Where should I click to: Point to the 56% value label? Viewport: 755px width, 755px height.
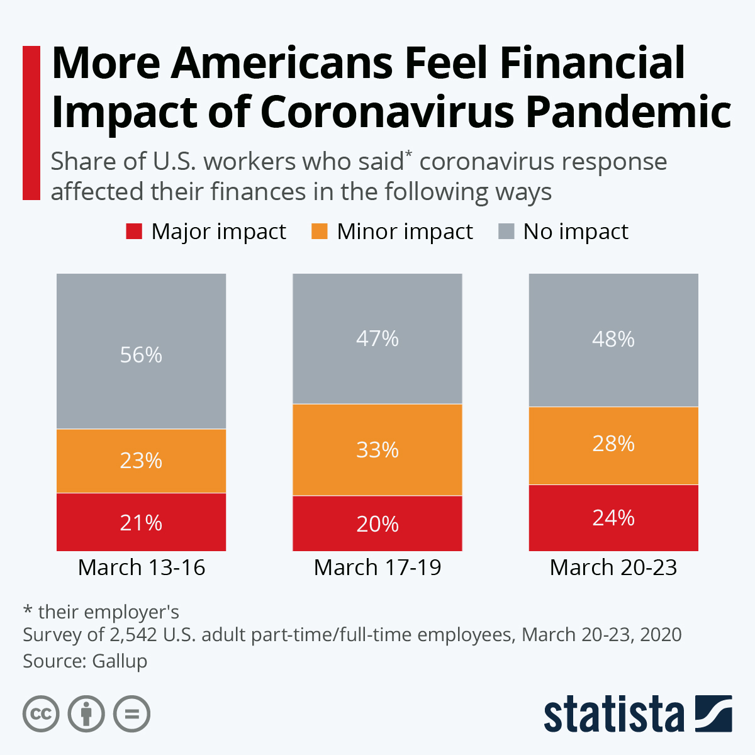pos(141,355)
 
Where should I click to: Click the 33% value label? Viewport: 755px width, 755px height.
pos(377,450)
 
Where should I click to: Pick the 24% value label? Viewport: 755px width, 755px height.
pos(613,518)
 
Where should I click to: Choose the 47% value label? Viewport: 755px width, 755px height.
pos(377,338)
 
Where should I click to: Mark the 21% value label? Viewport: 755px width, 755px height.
pos(141,523)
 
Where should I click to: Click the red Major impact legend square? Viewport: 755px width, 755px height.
pos(134,232)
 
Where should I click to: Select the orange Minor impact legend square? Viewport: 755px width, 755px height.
pos(320,232)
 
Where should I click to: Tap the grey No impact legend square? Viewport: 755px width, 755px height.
pos(506,232)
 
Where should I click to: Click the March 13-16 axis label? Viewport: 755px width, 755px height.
pos(142,568)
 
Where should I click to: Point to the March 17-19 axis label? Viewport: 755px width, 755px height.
pos(377,568)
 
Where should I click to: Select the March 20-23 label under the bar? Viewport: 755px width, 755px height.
pos(613,568)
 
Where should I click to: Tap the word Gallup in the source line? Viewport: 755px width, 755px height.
pos(120,661)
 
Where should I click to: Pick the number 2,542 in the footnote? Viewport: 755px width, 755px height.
pos(133,634)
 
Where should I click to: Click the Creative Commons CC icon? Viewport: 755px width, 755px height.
pos(41,714)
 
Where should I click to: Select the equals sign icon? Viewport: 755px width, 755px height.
pos(132,714)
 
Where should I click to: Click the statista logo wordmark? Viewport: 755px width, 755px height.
pos(614,714)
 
